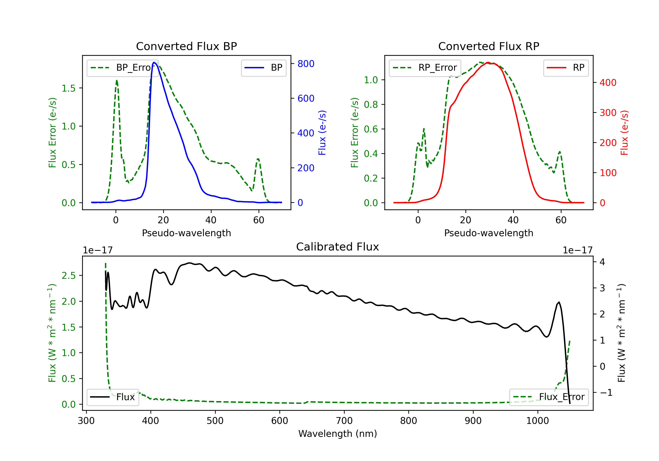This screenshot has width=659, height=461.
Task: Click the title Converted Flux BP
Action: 186,46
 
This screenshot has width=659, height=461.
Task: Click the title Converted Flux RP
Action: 489,46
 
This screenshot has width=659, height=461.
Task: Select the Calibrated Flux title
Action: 338,247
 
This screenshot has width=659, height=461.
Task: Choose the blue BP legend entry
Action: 263,68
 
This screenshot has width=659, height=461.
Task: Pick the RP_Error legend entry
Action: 425,68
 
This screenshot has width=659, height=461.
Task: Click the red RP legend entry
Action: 566,68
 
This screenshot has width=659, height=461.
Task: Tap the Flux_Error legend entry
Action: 549,397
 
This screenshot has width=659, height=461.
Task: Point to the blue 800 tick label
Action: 306,64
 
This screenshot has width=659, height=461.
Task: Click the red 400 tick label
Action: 608,83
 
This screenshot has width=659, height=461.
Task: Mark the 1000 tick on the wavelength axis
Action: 538,421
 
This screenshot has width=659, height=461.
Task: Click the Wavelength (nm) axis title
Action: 338,434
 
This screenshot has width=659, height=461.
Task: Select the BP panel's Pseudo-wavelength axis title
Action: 186,233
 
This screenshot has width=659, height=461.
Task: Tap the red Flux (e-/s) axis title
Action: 624,133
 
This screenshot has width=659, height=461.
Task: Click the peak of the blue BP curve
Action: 154,62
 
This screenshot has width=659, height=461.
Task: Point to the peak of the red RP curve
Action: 488,62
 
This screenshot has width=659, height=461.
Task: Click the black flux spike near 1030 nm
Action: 559,302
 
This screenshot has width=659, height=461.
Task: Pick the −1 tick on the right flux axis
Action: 606,393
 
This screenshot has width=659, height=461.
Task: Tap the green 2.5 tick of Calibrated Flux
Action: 69,276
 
